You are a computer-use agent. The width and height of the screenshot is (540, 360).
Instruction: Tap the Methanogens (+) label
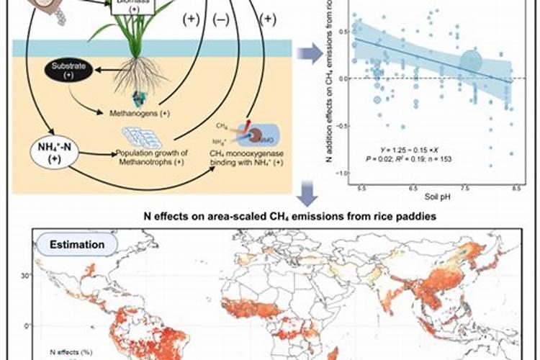139,114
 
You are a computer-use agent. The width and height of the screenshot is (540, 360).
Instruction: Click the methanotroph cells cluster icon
143,137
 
